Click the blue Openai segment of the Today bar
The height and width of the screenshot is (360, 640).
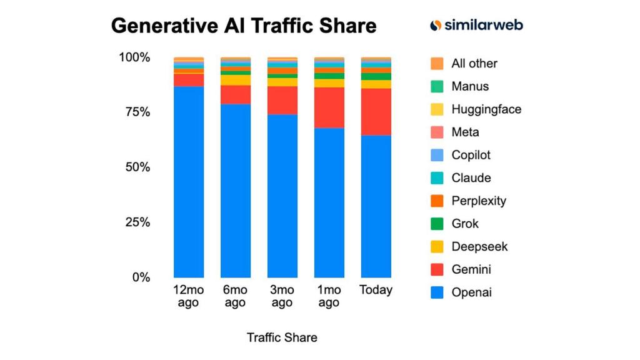point(376,206)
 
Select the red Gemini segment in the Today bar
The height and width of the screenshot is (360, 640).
point(376,112)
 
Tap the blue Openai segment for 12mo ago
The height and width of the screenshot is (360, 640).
point(189,182)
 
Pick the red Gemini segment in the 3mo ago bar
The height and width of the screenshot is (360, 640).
point(282,100)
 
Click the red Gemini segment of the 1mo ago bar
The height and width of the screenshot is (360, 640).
point(329,107)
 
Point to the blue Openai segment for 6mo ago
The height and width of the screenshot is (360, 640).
point(236,191)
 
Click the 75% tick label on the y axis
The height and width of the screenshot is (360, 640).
point(134,112)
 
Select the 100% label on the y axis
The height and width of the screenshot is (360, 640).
point(134,57)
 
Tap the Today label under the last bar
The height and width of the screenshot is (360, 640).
point(376,290)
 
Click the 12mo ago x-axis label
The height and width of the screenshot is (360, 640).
point(188,296)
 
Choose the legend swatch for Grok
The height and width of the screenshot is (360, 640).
point(437,224)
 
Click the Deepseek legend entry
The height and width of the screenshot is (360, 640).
point(479,246)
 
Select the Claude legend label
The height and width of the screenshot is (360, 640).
point(471,178)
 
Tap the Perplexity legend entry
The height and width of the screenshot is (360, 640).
point(479,201)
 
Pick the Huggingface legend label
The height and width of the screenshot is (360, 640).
point(486,109)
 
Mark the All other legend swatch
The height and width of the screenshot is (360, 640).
point(437,64)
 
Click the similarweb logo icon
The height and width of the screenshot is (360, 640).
point(436,25)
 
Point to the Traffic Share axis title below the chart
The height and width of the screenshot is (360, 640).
point(282,337)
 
